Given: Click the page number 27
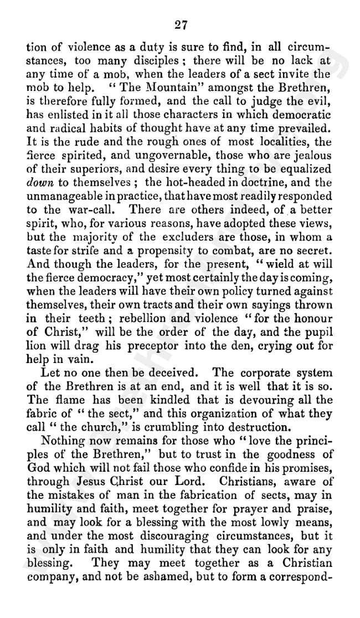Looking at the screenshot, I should (181, 24).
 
